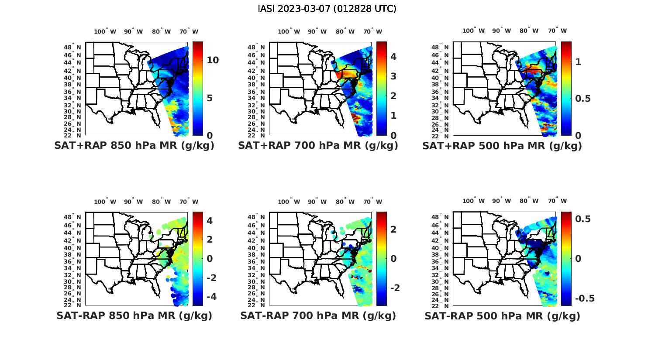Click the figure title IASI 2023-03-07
pos(327,9)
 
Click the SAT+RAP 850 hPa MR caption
pos(134,146)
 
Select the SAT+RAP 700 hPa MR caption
pos(318,146)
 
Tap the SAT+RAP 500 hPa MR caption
pos(502,146)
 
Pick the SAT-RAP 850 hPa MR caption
pos(134,315)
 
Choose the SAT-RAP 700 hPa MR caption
pos(318,315)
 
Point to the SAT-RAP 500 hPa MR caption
pos(502,316)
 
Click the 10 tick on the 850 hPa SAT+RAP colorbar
pos(213,60)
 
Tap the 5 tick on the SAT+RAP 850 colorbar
pos(209,98)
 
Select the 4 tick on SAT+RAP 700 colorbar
pos(393,56)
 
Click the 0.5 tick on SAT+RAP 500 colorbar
pos(583,99)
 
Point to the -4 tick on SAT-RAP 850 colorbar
pos(210,297)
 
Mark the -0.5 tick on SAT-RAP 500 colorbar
pos(585,298)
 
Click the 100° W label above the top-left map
pos(105,31)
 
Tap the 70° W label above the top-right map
pos(557,31)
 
